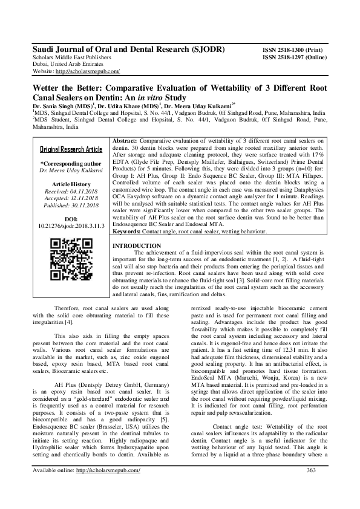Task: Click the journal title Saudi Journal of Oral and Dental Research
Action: pos(129,49)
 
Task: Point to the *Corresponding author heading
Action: pos(71,163)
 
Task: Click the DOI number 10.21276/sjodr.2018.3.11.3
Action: pos(71,225)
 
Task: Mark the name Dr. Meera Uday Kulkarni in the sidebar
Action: pos(71,170)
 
